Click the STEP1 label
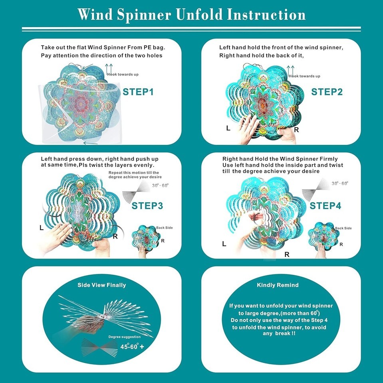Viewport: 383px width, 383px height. (x=138, y=92)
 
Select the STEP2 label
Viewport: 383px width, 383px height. (x=327, y=92)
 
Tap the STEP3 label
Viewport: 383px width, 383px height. (x=147, y=206)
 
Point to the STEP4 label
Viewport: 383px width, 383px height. (x=325, y=206)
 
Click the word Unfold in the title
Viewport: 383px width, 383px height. (x=199, y=15)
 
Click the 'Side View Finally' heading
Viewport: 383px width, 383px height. (x=102, y=285)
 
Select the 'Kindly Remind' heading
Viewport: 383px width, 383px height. (x=278, y=285)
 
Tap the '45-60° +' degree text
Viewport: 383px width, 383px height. (x=132, y=346)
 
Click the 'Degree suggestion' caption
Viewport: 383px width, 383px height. (x=125, y=337)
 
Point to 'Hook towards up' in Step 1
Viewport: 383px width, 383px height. (x=123, y=75)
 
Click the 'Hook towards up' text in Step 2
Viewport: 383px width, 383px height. (x=304, y=76)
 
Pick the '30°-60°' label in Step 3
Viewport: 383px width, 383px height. (x=161, y=186)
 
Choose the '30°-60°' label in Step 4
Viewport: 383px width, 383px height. (x=340, y=184)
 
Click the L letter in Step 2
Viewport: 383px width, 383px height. (x=228, y=128)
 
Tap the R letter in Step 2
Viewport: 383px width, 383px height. (x=296, y=130)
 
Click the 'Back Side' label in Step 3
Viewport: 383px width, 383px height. (x=165, y=228)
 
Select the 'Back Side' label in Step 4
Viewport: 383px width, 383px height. (x=343, y=228)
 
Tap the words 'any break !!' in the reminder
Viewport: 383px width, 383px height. (x=279, y=334)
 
